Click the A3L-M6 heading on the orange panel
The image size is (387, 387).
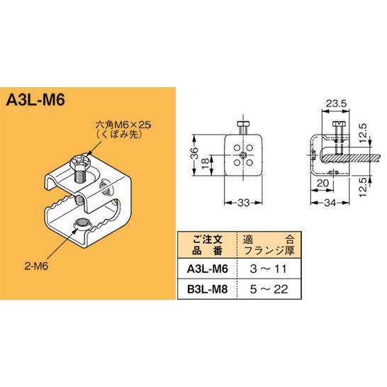pos(35,98)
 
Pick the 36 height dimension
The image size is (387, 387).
pos(196,155)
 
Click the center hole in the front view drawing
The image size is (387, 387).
pos(243,155)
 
